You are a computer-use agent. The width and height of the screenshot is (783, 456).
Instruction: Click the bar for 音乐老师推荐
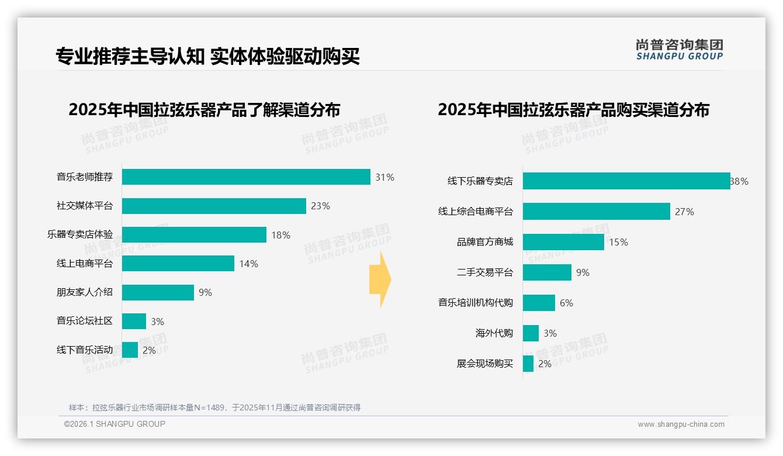tap(246, 177)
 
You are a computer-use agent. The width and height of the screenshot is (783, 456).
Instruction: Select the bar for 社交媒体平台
tap(214, 206)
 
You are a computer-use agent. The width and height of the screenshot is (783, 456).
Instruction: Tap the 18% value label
tap(280, 235)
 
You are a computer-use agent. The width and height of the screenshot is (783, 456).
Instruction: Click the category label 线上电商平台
tap(85, 264)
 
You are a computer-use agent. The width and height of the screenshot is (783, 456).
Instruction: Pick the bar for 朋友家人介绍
tap(158, 292)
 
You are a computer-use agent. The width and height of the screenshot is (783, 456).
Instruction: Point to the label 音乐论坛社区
tap(85, 321)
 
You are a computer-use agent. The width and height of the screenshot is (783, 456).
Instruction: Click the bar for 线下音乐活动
tap(130, 350)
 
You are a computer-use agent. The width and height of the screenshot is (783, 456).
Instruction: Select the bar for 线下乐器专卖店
tap(626, 181)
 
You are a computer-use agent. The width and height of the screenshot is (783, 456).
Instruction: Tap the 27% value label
tap(684, 212)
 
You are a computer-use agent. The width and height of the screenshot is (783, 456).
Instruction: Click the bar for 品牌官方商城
tap(563, 242)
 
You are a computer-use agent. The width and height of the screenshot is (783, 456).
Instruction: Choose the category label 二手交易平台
tap(485, 272)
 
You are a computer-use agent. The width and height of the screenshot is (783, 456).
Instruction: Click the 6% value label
tap(566, 303)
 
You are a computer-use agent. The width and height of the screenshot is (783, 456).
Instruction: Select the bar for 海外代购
tap(531, 333)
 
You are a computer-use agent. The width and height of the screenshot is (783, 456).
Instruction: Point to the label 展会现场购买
tap(485, 364)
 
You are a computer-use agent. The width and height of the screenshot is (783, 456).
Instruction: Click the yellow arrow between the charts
tap(380, 279)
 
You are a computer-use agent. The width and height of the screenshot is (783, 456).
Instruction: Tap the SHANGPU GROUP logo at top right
tap(679, 50)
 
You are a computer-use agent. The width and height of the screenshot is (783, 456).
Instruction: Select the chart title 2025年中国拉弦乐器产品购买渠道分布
tap(573, 110)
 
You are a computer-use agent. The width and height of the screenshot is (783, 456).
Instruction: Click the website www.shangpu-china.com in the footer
tap(681, 424)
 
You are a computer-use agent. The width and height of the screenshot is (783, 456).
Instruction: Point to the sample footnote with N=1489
tap(214, 407)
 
